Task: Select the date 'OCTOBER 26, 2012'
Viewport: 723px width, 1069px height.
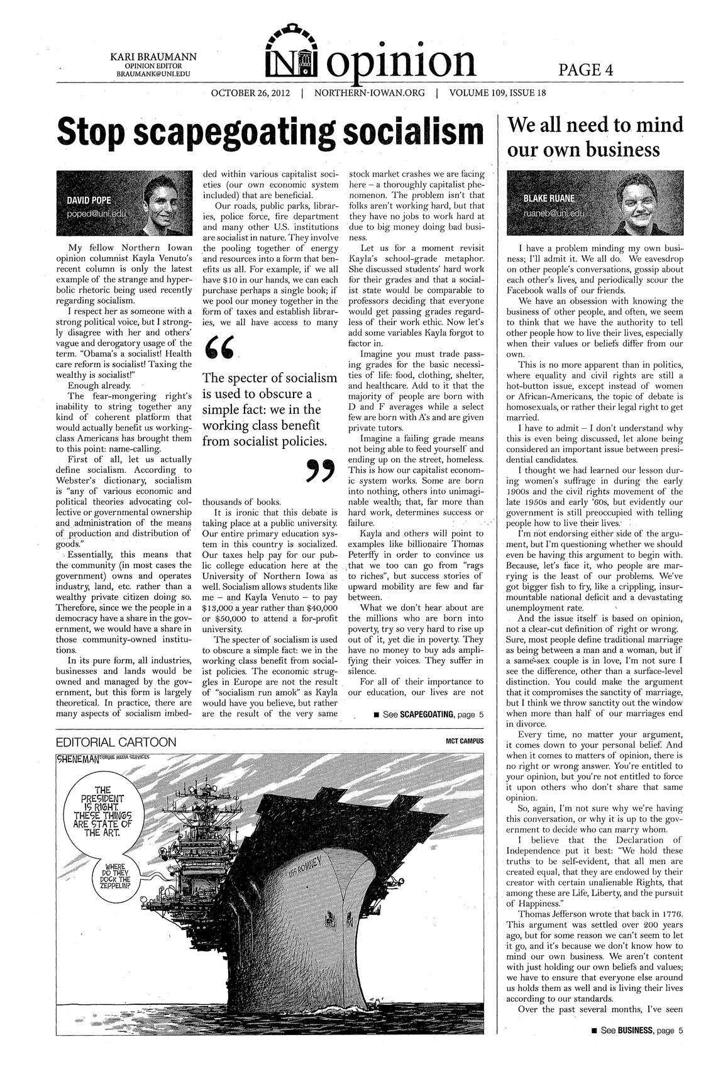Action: click(250, 94)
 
